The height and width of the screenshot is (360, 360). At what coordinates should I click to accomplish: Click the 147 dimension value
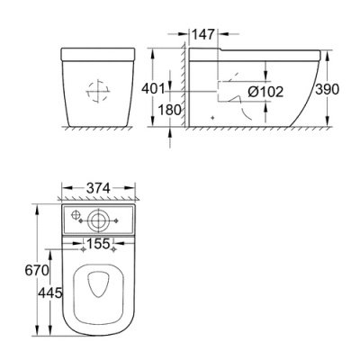[x=203, y=34]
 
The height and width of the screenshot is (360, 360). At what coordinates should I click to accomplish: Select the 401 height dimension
[x=153, y=89]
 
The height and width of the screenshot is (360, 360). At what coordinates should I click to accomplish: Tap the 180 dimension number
[x=170, y=110]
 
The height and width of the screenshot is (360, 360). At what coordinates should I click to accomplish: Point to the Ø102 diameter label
[x=265, y=92]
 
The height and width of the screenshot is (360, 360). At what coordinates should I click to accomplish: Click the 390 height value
[x=328, y=89]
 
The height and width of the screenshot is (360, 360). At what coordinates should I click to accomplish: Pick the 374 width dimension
[x=98, y=188]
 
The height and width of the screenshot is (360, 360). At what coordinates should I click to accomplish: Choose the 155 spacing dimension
[x=98, y=244]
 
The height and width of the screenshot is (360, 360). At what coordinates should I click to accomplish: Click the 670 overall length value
[x=37, y=270]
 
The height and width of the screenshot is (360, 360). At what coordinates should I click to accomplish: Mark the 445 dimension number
[x=49, y=292]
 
